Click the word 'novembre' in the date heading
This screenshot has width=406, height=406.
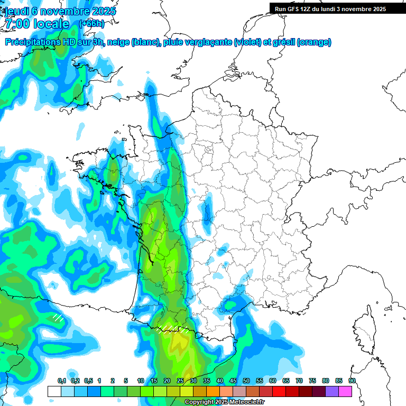[63, 11]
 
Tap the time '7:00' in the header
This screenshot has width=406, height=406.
[19, 24]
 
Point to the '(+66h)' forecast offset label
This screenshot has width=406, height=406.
[91, 23]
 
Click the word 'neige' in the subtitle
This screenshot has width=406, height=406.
[119, 42]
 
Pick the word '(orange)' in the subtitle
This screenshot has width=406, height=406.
[314, 42]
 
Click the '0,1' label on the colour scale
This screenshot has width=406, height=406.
[62, 381]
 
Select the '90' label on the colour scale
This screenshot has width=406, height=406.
[352, 381]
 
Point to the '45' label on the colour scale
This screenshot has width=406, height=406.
[233, 381]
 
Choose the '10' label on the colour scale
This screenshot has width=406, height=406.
[141, 381]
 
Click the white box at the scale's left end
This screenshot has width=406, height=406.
[54, 391]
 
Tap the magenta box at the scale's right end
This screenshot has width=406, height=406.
[346, 391]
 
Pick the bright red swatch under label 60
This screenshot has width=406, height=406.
[279, 391]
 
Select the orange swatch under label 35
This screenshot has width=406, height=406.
[213, 391]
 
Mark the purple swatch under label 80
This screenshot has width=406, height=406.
[332, 391]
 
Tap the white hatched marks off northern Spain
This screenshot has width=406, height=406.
[58, 318]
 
